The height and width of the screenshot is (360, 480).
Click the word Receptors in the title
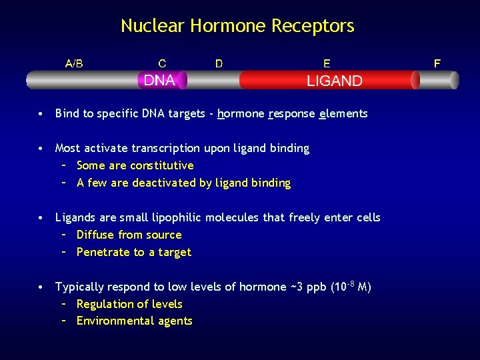[x=319, y=27]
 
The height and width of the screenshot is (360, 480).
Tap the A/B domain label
[x=74, y=63]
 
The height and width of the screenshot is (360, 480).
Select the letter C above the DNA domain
[x=162, y=63]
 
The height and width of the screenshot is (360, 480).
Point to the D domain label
[x=219, y=63]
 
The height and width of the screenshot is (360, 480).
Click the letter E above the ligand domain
[x=327, y=63]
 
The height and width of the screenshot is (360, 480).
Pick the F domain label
[x=437, y=63]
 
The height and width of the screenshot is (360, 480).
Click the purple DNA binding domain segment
[x=161, y=81]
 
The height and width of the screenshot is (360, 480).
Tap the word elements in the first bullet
[x=343, y=113]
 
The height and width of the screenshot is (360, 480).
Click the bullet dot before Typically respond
[x=41, y=287]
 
